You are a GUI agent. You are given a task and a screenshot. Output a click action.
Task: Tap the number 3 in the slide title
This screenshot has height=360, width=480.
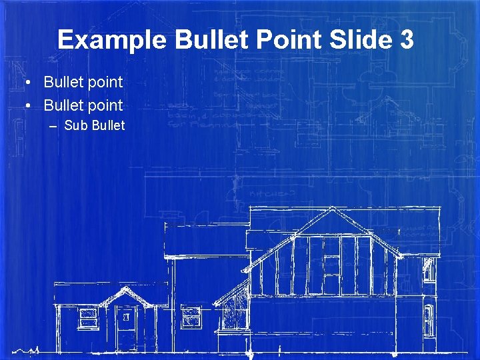pyautogui.click(x=406, y=40)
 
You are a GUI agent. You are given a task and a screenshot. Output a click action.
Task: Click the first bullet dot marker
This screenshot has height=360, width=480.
pyautogui.click(x=29, y=83)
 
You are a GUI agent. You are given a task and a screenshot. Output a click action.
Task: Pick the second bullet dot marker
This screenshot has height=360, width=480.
pyautogui.click(x=29, y=105)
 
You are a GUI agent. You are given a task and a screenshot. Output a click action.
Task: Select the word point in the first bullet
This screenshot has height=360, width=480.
pyautogui.click(x=104, y=83)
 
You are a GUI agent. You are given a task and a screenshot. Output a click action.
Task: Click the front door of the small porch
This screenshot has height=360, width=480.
pyautogui.click(x=125, y=326)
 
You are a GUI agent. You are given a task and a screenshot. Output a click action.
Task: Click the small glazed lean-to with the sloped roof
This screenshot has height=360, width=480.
pyautogui.click(x=233, y=310)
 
